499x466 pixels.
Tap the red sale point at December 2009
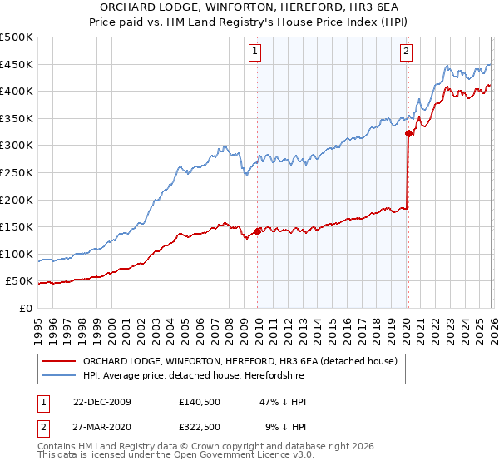[258, 232]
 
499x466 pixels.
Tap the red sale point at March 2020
[408, 133]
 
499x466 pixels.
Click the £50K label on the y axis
[20, 281]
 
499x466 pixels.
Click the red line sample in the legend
[60, 361]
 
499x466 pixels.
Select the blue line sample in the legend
[60, 376]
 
